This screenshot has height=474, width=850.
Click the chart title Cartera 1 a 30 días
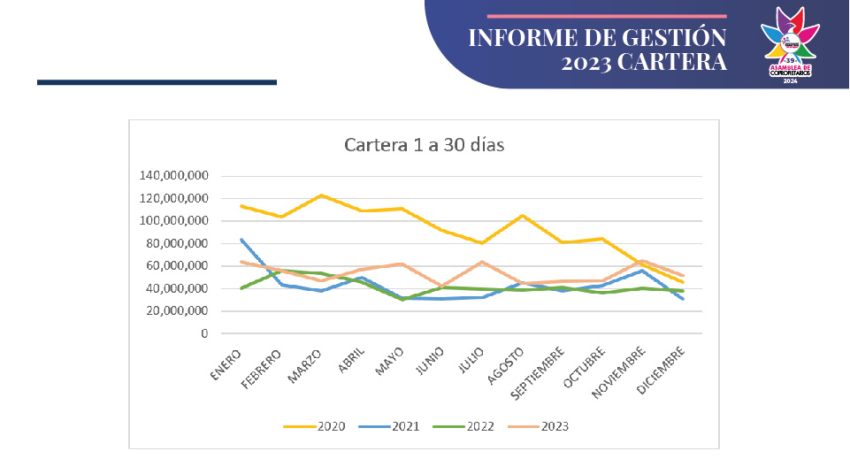(x=424, y=144)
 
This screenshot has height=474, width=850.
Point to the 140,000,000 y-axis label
(x=173, y=175)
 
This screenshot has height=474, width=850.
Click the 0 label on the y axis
(x=204, y=333)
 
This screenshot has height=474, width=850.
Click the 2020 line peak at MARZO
(x=322, y=195)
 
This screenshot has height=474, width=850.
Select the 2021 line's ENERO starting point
(x=241, y=239)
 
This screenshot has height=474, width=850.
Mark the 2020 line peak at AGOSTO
(x=523, y=215)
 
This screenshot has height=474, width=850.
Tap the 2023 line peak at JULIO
(x=483, y=261)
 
